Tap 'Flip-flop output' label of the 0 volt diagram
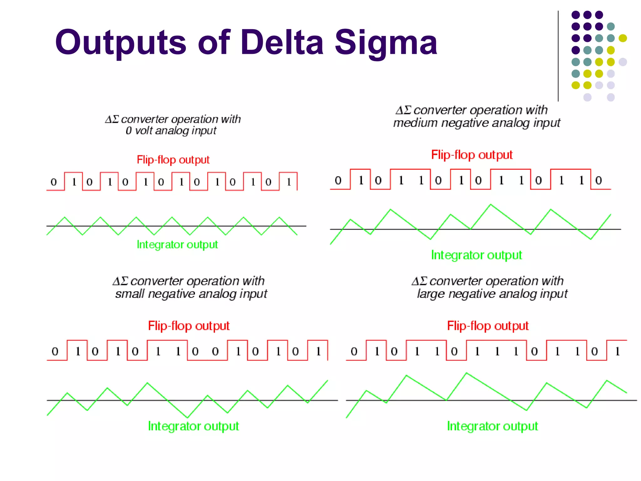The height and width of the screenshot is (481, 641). (x=173, y=160)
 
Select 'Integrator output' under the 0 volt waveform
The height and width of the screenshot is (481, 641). (x=177, y=245)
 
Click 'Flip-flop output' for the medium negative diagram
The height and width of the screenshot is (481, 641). (x=472, y=155)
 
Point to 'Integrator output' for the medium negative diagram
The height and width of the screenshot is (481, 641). (x=476, y=255)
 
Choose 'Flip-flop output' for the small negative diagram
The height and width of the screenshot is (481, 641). (x=189, y=326)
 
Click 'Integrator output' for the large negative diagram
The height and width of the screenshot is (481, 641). (x=492, y=426)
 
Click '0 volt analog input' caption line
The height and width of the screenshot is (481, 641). (x=171, y=131)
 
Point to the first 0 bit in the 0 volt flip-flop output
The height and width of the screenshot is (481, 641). (x=54, y=182)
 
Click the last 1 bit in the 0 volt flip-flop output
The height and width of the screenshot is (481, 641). (x=289, y=182)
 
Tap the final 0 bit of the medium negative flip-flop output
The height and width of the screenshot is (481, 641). (x=598, y=180)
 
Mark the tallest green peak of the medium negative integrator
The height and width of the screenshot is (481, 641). (x=490, y=204)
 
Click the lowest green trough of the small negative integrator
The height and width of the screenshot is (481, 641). (x=187, y=417)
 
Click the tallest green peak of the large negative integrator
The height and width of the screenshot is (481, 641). (x=466, y=373)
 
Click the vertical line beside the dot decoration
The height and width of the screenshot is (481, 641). (x=558, y=56)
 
